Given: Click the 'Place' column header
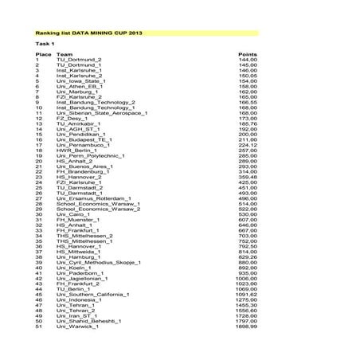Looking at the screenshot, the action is (44, 54).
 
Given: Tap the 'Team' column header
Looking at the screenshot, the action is (65, 54).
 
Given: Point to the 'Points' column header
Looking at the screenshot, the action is (248, 54).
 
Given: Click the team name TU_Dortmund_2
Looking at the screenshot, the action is (79, 60).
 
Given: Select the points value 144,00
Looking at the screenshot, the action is (248, 60).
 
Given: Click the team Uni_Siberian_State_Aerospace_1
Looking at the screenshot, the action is (102, 113).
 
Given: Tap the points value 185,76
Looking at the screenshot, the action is (248, 123).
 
